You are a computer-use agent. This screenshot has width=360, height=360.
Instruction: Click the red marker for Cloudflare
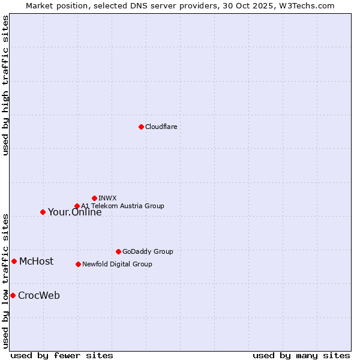[x=141, y=127]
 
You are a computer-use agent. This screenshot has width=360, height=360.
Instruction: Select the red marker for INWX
[x=94, y=198]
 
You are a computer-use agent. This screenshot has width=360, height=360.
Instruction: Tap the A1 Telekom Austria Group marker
[x=77, y=206]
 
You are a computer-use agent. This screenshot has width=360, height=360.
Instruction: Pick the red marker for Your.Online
[x=43, y=212]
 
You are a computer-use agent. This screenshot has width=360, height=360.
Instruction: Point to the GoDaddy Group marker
[x=118, y=251]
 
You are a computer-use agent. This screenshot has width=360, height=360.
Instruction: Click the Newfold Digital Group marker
[x=78, y=264]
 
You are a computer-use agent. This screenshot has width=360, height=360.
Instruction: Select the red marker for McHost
[x=14, y=261]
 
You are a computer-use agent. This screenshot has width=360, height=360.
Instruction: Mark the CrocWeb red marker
[x=13, y=295]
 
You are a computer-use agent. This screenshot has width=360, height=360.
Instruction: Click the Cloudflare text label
[x=161, y=127]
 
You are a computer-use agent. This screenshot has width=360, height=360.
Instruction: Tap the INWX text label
[x=107, y=198]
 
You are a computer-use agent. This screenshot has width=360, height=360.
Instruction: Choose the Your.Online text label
[x=75, y=212]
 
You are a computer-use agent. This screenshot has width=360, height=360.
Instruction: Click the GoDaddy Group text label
[x=148, y=251]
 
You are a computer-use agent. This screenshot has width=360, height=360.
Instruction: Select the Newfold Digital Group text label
[x=117, y=264]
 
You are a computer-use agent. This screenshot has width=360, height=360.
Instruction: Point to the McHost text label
[x=36, y=262]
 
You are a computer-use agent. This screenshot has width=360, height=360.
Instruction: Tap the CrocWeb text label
[x=39, y=296]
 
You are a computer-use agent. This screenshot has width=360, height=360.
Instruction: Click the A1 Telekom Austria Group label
[x=122, y=206]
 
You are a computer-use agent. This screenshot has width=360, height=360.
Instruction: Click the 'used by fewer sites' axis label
[x=62, y=356]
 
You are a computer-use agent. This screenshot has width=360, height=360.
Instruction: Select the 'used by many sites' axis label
[x=301, y=356]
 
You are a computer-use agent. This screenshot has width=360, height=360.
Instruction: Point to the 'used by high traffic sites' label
[x=5, y=85]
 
